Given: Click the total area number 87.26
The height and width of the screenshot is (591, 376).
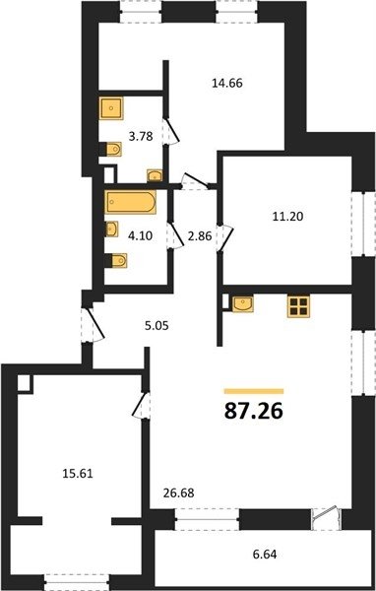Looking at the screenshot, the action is click(x=253, y=411).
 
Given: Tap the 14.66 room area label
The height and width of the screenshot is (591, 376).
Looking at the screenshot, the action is click(x=226, y=83).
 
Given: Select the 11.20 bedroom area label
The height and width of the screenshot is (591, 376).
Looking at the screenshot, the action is click(x=287, y=217).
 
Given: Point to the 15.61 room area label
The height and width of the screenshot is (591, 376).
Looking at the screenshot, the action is click(x=77, y=474).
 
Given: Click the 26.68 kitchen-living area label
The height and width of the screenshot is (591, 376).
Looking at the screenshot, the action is click(x=178, y=492).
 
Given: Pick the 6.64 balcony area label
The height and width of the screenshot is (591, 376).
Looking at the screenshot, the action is click(x=265, y=555).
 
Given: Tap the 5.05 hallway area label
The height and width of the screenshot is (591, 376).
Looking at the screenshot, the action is click(x=157, y=325).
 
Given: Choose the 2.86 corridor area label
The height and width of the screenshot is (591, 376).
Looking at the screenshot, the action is click(x=200, y=236).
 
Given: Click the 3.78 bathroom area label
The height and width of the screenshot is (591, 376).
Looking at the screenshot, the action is click(x=141, y=136).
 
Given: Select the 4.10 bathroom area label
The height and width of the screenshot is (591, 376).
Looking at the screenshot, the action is click(x=140, y=236).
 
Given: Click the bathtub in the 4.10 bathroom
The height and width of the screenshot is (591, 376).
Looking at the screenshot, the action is click(x=130, y=202).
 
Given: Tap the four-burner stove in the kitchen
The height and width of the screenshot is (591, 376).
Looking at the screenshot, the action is click(x=298, y=306).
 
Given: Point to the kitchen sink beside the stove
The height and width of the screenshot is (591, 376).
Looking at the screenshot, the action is click(x=243, y=304).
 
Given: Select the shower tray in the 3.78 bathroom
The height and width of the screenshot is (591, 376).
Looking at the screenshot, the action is click(x=111, y=108).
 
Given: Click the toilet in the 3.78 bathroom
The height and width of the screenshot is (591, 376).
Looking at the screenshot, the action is click(x=111, y=150).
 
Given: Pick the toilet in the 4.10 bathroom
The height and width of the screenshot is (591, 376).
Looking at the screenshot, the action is click(x=116, y=260).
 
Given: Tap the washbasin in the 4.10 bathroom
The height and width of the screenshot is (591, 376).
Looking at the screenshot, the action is click(x=111, y=230).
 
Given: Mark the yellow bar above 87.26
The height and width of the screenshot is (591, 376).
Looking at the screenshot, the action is click(x=254, y=391).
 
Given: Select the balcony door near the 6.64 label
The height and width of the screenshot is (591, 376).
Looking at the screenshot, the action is click(x=326, y=519).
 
